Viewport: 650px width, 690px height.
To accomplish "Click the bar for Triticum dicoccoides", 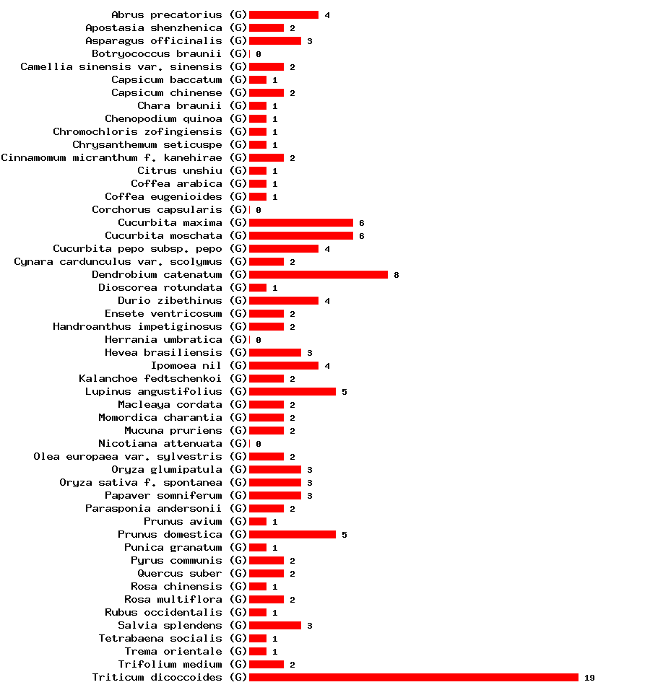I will tap(413, 677).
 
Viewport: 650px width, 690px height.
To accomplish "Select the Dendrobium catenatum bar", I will tap(318, 274).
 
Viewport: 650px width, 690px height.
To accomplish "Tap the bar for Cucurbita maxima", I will tap(300, 222).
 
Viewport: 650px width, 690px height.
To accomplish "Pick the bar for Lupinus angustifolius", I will tap(292, 391).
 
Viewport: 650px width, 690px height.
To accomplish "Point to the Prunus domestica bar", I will tap(292, 534).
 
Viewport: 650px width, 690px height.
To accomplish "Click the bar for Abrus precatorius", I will tap(283, 14).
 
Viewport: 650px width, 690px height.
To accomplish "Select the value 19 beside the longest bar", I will tap(589, 678).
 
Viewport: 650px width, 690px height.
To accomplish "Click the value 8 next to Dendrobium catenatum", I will tap(396, 275).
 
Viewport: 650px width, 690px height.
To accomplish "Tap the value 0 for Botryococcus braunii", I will tap(258, 54).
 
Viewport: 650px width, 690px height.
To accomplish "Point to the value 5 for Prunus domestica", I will tap(344, 535).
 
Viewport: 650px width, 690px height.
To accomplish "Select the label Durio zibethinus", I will tap(170, 300).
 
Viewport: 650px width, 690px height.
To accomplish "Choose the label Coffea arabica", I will tap(176, 183).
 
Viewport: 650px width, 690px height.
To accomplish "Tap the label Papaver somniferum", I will tap(163, 495).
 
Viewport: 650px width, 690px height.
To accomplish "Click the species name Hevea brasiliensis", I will tap(163, 352).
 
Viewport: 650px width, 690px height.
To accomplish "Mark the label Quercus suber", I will tap(180, 573).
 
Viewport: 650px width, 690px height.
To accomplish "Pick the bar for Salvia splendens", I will tap(274, 625).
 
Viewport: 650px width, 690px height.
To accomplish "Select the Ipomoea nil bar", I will tap(283, 365).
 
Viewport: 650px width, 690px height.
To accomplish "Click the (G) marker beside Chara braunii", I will tap(238, 105).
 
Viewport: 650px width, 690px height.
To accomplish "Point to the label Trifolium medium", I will tap(170, 664).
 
